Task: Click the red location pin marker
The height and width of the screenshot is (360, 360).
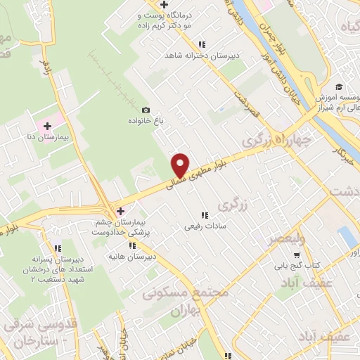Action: [x=181, y=165]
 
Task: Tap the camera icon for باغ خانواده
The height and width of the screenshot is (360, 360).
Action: [x=146, y=110]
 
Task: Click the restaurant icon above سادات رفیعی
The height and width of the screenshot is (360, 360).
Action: [x=204, y=215]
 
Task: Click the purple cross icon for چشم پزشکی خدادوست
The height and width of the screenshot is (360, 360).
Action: [x=120, y=211]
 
